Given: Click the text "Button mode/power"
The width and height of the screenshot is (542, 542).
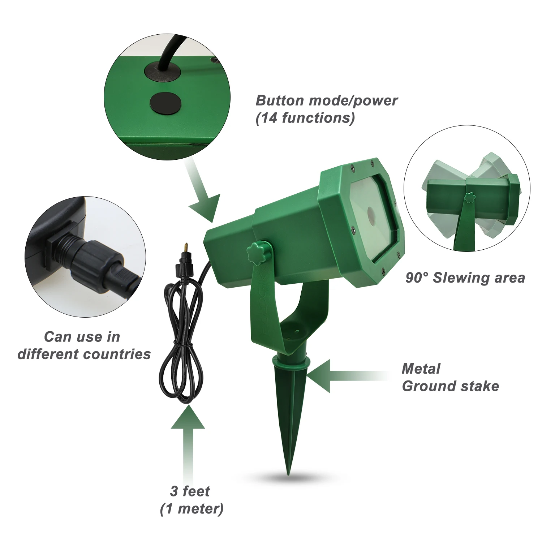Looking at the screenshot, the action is click(x=327, y=100).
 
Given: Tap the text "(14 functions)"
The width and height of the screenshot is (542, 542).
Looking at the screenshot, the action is click(x=305, y=118).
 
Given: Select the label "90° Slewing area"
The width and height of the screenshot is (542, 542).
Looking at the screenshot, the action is click(x=465, y=278).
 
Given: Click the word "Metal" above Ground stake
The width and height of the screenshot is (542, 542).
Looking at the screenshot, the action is click(x=421, y=369).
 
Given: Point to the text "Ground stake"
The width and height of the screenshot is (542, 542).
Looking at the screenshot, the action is click(x=450, y=386).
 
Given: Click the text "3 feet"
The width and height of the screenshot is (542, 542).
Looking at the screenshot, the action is click(x=190, y=491).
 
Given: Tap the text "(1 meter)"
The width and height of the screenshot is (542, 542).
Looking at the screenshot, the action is click(x=192, y=509).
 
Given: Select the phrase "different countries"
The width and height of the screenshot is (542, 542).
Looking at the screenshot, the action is click(x=84, y=354).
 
